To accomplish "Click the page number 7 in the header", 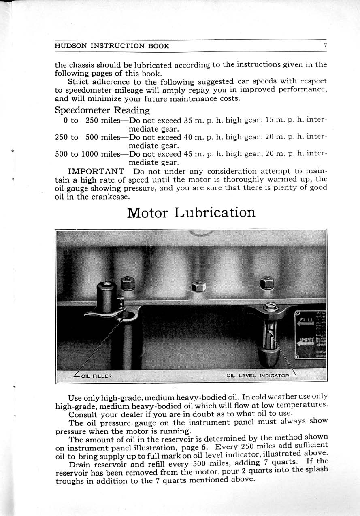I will pos(325,46).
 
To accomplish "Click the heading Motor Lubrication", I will pos(191,212).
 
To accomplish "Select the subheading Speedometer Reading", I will pos(102,110).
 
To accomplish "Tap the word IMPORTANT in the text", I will pos(96,172).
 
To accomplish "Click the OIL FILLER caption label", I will pos(96,376).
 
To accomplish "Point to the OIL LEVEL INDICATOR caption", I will pos(258,376).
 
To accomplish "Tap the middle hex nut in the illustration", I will pos(199,287).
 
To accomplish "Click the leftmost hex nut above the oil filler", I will pos(128,283).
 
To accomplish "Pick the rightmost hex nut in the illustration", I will pos(267,283).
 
